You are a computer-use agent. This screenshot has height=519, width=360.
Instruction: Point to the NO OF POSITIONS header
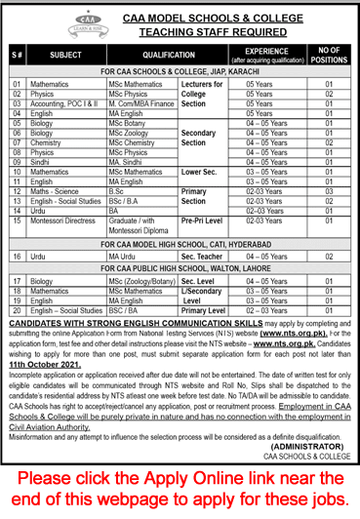329,57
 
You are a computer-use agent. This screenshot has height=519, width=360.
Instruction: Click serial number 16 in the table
18,255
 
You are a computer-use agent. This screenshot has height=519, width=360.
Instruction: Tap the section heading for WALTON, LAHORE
180,268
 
